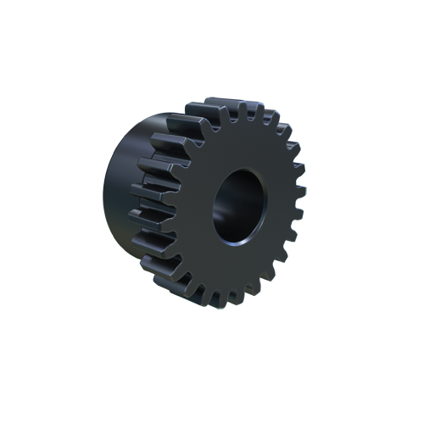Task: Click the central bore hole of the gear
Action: coord(238,205)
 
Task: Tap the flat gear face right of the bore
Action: coord(276,208)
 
